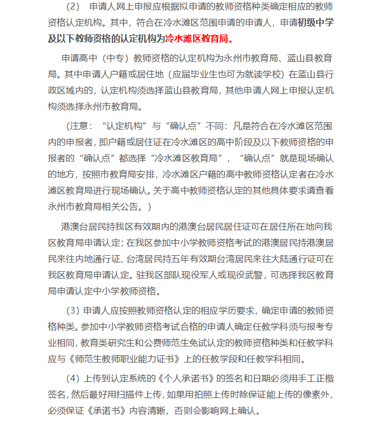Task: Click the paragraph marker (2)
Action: (x=73, y=7)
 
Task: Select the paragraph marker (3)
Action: (x=73, y=310)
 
